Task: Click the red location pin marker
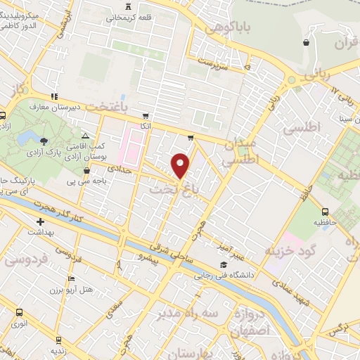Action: click(x=181, y=165)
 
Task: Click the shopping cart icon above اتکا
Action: click(x=145, y=116)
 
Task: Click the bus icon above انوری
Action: click(x=19, y=311)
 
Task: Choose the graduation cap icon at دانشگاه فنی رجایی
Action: click(x=223, y=265)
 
